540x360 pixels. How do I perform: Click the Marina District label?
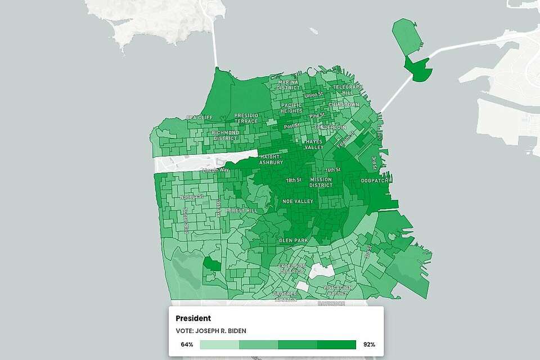click(287, 85)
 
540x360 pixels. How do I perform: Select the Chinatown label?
click(344, 105)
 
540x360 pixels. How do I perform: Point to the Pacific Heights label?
click(291, 108)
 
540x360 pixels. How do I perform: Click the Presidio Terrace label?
click(246, 118)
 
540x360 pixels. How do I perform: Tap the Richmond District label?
click(225, 136)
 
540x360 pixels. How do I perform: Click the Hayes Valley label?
click(314, 145)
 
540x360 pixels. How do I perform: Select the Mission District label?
click(321, 182)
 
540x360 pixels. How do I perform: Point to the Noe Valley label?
click(298, 201)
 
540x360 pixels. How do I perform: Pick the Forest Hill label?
click(241, 211)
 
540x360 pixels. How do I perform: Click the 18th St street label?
click(294, 180)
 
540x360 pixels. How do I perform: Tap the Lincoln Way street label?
click(218, 170)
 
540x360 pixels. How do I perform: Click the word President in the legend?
click(193, 318)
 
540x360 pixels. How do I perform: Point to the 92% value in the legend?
click(369, 344)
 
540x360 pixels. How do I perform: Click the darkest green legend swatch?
click(336, 344)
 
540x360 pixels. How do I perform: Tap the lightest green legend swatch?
click(219, 344)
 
